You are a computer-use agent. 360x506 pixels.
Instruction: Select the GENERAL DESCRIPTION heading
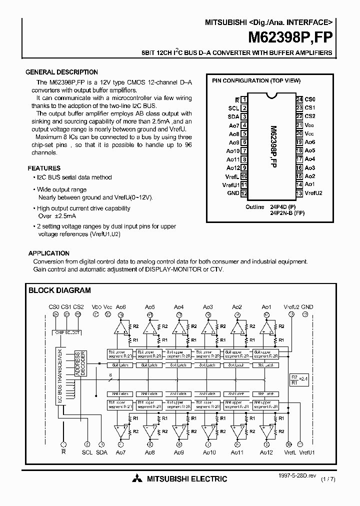[61, 72]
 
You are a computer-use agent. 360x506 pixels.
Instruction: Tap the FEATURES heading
[44, 168]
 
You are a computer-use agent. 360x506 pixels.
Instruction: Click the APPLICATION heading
[48, 253]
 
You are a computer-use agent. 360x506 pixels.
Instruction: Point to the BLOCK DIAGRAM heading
[59, 290]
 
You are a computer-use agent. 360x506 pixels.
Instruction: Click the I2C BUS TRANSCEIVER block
[60, 375]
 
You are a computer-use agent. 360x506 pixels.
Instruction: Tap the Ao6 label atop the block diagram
[121, 306]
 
